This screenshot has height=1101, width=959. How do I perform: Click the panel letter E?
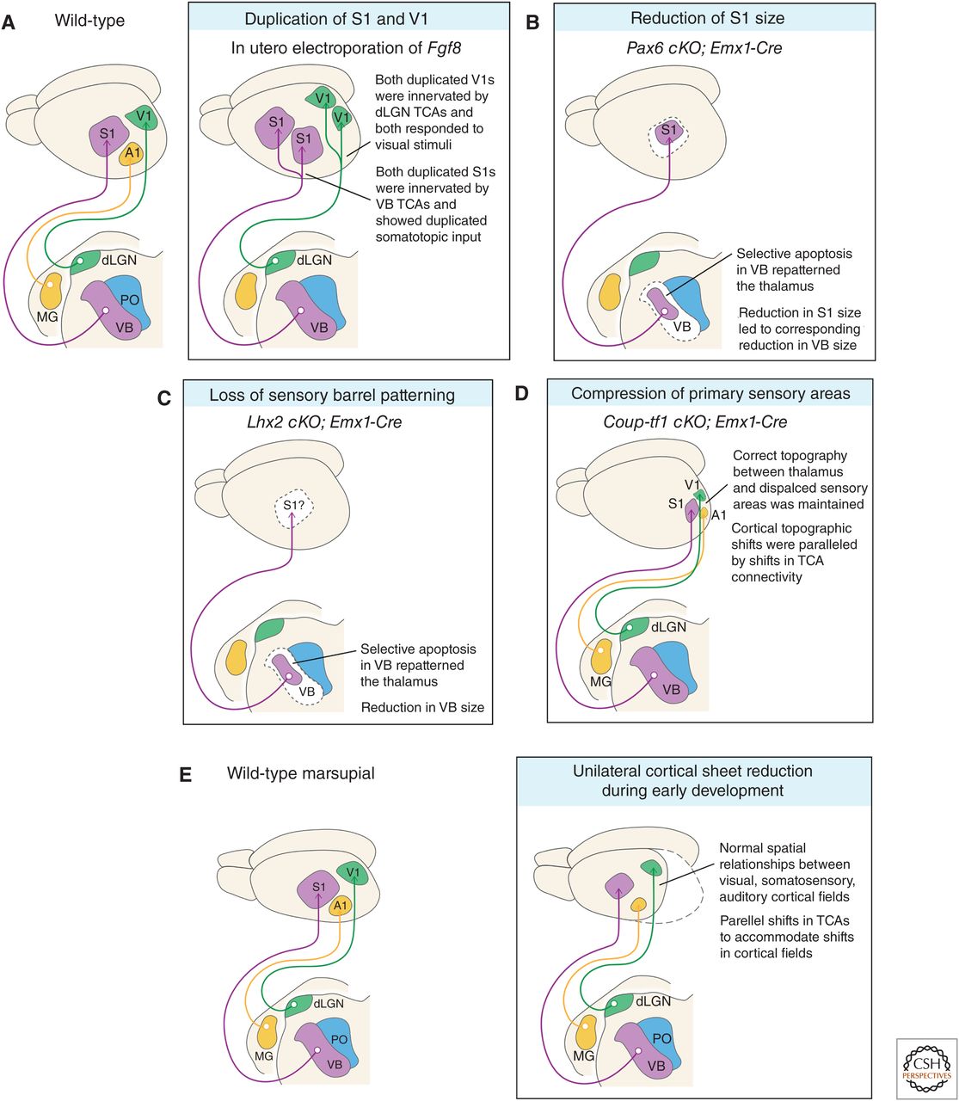click(185, 773)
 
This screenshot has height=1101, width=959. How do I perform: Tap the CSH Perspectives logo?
click(925, 1068)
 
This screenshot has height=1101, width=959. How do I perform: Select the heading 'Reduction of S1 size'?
click(707, 18)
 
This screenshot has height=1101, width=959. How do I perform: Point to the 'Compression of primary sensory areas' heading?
click(710, 394)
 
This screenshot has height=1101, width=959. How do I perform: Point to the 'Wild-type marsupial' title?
click(300, 773)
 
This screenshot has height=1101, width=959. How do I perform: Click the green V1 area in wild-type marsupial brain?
click(352, 872)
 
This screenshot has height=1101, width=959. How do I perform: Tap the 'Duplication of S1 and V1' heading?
click(335, 18)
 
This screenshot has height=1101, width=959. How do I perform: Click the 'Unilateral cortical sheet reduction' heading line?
click(692, 771)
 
